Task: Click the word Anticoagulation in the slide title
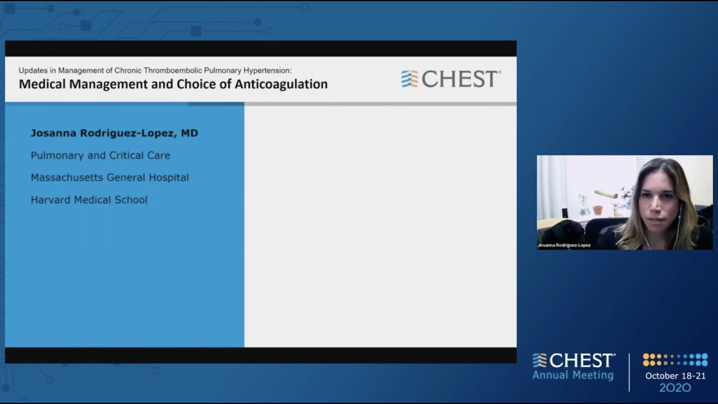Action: click(x=284, y=85)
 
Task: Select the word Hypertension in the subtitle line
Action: click(x=266, y=70)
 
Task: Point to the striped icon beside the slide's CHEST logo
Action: click(x=409, y=79)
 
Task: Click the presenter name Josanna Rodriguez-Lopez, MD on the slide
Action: click(x=114, y=133)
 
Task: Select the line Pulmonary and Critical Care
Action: click(x=100, y=155)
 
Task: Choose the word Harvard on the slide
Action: click(x=50, y=200)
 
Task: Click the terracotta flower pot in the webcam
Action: click(x=598, y=210)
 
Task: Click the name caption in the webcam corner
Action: click(x=564, y=245)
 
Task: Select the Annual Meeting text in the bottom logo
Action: click(x=573, y=375)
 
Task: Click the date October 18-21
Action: click(x=675, y=376)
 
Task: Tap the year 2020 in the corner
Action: click(x=675, y=388)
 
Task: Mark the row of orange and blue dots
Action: click(x=675, y=360)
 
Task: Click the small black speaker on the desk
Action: click(x=564, y=213)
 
